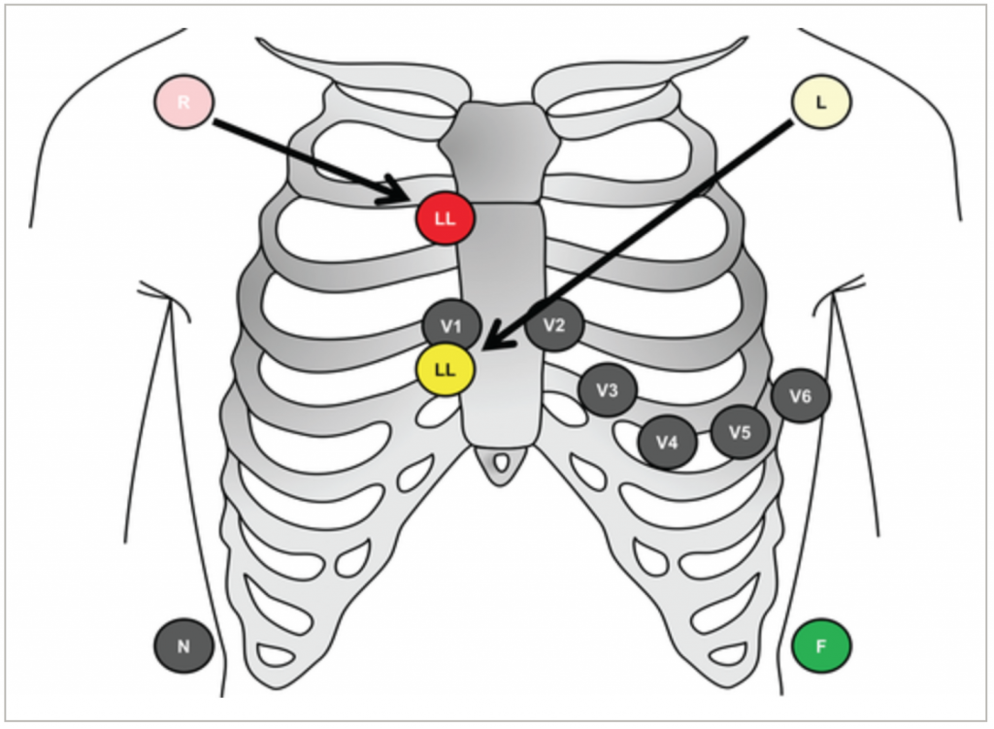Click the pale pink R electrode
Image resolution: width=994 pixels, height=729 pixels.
183,101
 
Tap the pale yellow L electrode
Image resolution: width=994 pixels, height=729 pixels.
822,101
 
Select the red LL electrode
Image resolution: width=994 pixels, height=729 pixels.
445,218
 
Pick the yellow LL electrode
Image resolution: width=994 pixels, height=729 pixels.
445,369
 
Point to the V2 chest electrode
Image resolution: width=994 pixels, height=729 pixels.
553,325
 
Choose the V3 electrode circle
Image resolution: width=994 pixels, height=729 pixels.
607,391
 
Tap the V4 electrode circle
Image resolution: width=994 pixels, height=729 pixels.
666,443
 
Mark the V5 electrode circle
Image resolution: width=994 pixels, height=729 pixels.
740,432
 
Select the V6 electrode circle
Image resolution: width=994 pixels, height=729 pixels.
800,395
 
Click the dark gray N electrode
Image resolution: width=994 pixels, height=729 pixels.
183,646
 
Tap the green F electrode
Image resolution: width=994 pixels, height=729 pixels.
821,646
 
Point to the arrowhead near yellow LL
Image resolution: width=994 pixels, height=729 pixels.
492,339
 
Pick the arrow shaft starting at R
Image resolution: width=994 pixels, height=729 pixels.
301,155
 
